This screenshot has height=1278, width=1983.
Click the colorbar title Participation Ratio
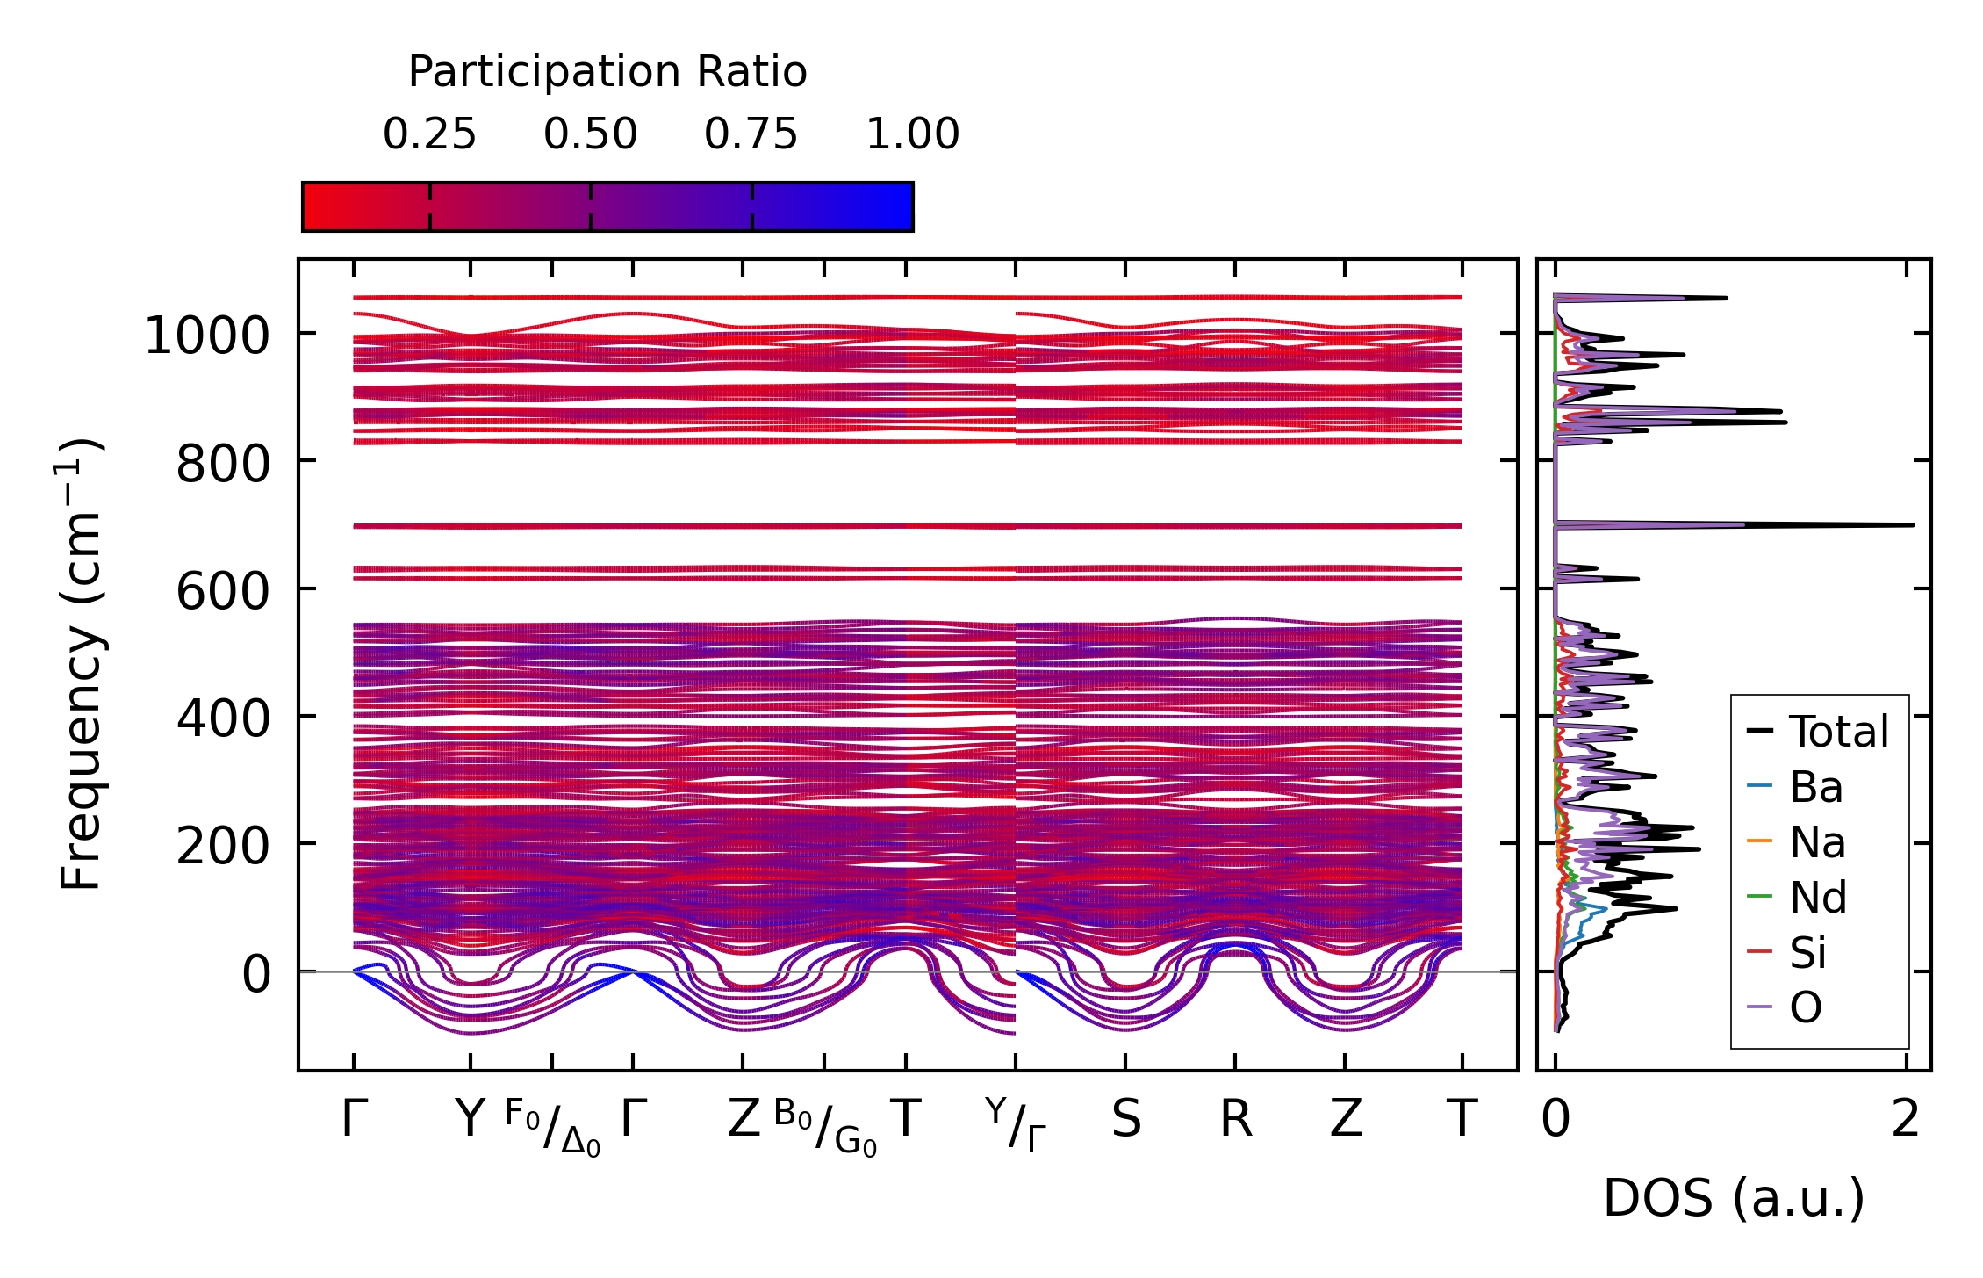(607, 72)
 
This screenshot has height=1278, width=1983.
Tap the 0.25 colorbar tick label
(429, 134)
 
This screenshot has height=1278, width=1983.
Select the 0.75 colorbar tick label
(751, 134)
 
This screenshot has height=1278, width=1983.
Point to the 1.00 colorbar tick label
(912, 134)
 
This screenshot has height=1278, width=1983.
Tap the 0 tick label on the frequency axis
(256, 974)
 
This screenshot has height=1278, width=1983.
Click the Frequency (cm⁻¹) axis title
(82, 665)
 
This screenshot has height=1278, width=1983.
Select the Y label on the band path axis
(470, 1120)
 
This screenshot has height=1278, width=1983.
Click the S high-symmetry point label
(1125, 1120)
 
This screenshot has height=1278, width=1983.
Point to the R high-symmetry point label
(1235, 1120)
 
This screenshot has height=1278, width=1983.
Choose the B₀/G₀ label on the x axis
(825, 1128)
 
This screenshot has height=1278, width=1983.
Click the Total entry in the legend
(1838, 732)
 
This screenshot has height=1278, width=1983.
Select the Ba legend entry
(1815, 787)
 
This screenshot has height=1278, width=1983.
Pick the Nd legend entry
(1818, 898)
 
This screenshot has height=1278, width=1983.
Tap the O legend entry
(1806, 1008)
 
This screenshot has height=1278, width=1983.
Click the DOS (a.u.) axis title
(1734, 1199)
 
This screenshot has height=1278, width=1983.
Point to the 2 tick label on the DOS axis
(1905, 1120)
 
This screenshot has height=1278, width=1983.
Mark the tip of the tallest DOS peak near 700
(1913, 525)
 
